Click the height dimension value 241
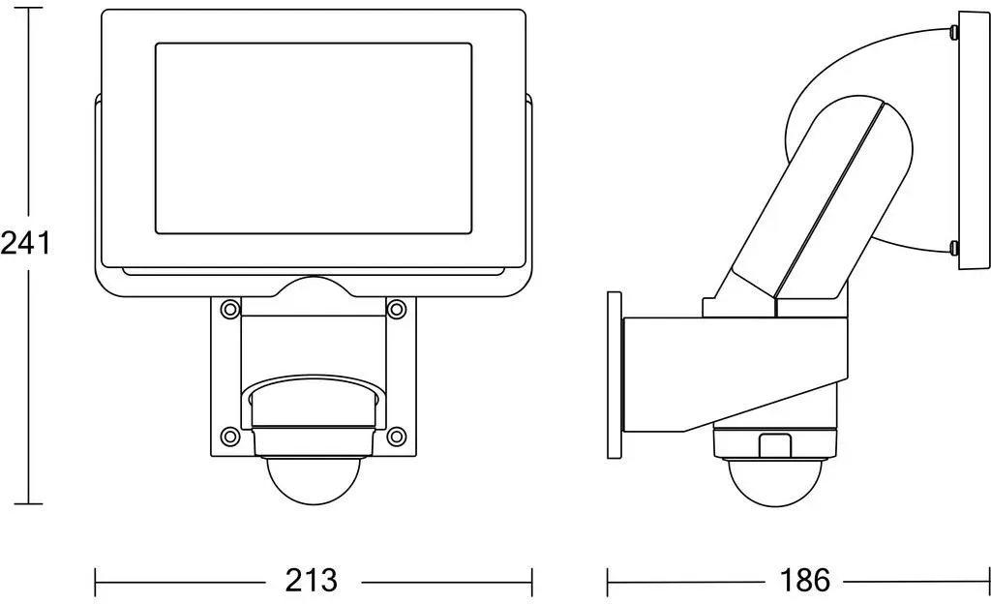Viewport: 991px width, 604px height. click(25, 243)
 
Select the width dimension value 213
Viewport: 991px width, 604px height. click(311, 580)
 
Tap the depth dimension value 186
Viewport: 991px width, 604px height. click(804, 580)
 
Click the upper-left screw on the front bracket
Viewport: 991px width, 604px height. click(230, 309)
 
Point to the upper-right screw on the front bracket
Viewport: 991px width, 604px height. click(396, 309)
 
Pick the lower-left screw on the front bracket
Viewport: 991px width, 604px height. click(230, 436)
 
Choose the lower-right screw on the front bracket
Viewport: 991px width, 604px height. click(396, 436)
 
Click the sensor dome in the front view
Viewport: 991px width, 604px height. click(315, 479)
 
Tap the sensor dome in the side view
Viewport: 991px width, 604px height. click(775, 483)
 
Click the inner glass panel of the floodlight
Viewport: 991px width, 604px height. click(314, 139)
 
